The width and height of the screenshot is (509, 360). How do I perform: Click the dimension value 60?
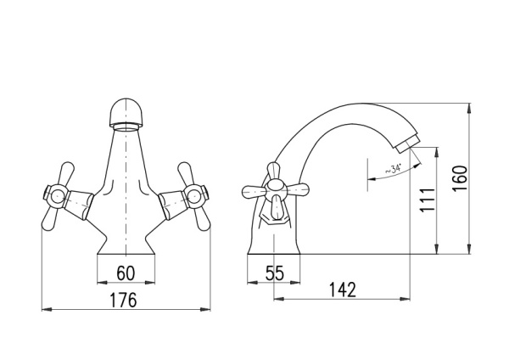pyautogui.click(x=126, y=273)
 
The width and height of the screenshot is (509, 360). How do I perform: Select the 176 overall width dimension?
pyautogui.click(x=123, y=300)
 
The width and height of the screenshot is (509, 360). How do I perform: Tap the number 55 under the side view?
pyautogui.click(x=275, y=273)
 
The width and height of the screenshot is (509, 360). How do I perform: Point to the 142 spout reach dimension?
pyautogui.click(x=343, y=290)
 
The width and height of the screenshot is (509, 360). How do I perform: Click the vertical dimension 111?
pyautogui.click(x=428, y=200)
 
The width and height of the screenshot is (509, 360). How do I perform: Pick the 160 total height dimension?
pyautogui.click(x=460, y=178)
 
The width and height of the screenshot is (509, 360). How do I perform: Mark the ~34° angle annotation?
pyautogui.click(x=394, y=169)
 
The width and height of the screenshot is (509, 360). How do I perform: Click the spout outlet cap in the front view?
pyautogui.click(x=126, y=113)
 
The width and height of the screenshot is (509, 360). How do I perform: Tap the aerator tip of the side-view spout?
pyautogui.click(x=407, y=143)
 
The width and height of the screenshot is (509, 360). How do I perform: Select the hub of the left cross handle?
pyautogui.click(x=57, y=196)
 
